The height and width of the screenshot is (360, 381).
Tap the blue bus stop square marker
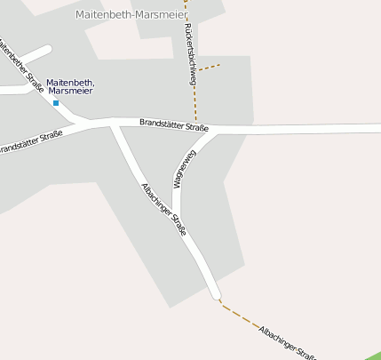pyautogui.click(x=56, y=103)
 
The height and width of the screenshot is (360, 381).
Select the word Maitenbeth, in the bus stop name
pyautogui.click(x=70, y=83)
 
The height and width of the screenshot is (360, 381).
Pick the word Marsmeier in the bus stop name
pyautogui.click(x=71, y=92)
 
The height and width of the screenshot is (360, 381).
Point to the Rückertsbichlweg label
pyautogui.click(x=190, y=54)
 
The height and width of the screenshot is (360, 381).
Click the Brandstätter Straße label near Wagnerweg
pyautogui.click(x=174, y=125)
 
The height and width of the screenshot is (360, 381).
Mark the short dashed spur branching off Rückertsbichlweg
pyautogui.click(x=207, y=67)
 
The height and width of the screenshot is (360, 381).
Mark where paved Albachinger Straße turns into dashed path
pyautogui.click(x=216, y=296)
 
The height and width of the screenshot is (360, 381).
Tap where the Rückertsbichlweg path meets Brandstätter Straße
pyautogui.click(x=195, y=124)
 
